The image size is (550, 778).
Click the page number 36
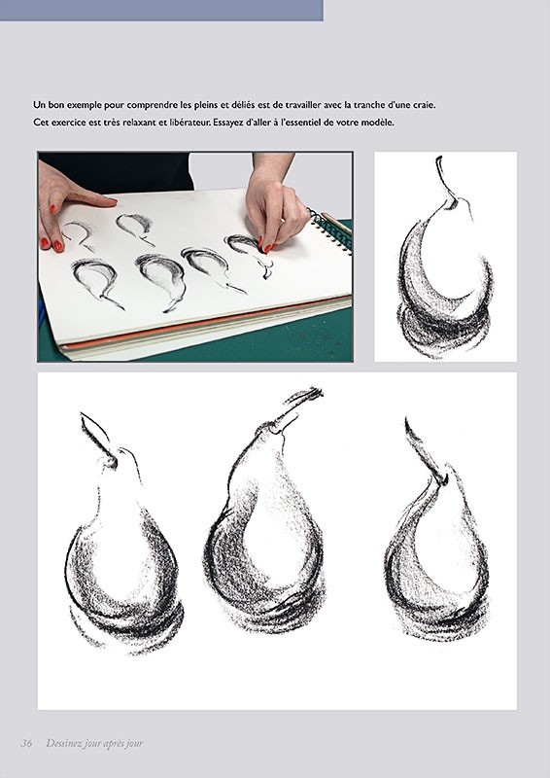27,743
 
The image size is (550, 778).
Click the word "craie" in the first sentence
424,105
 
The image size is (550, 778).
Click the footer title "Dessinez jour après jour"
94,743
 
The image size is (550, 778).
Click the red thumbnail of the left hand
58,246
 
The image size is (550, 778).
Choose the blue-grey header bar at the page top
161,11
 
